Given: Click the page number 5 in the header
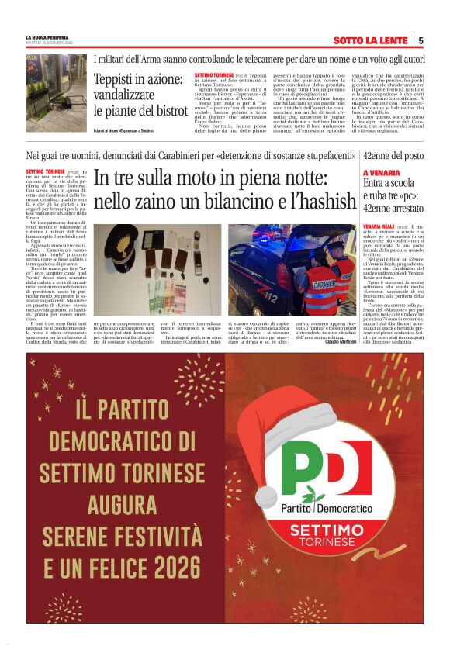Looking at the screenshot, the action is coord(420,40).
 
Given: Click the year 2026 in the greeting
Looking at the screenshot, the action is coord(176,568).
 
